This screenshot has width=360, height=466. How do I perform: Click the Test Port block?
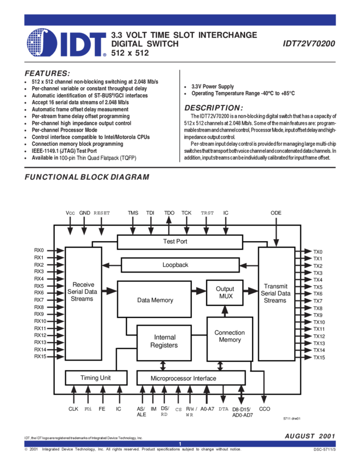point(175,242)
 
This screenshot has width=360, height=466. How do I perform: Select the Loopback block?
point(175,265)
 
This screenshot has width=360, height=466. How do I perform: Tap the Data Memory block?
point(155,300)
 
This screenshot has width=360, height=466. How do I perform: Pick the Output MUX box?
point(225,293)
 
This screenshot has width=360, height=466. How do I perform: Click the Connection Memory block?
point(230,337)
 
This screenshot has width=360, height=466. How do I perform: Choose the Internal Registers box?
point(164,342)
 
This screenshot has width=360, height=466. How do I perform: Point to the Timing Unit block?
point(96,378)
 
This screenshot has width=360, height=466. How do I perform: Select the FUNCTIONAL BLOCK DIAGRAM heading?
point(87,178)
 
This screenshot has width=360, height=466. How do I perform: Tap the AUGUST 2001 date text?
point(310,435)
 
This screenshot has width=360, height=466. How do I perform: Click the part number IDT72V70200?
point(310,43)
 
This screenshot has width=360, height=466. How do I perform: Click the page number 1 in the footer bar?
point(180,444)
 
